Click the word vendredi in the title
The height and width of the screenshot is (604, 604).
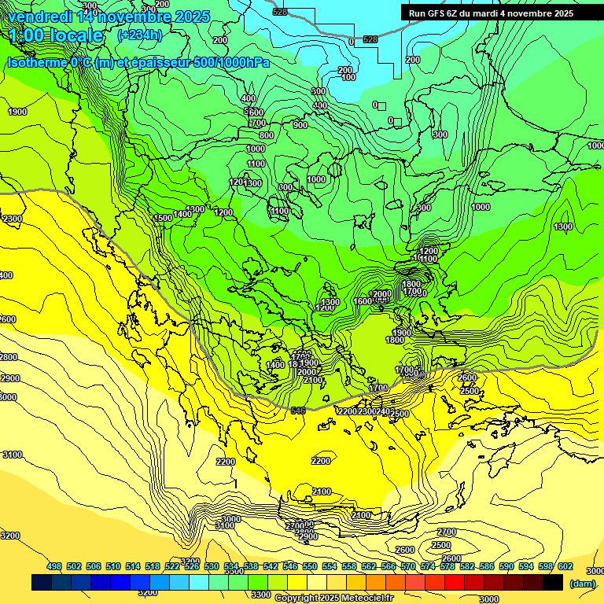click(x=40, y=17)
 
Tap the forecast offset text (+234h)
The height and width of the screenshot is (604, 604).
click(x=139, y=35)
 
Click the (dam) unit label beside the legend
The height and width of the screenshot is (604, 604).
click(x=582, y=584)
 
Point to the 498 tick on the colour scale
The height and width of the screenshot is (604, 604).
click(x=54, y=566)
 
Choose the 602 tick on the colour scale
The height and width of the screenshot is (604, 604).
click(x=565, y=566)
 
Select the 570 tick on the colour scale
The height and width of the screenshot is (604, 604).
click(x=408, y=566)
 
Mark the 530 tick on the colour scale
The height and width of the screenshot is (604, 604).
click(x=212, y=566)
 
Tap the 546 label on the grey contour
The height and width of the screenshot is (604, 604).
click(x=298, y=411)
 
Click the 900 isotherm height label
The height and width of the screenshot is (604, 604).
click(x=300, y=125)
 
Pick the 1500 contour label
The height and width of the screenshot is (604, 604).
click(x=163, y=218)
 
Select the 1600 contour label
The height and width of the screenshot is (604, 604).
click(x=362, y=301)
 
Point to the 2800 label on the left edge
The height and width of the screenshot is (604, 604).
click(x=9, y=357)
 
